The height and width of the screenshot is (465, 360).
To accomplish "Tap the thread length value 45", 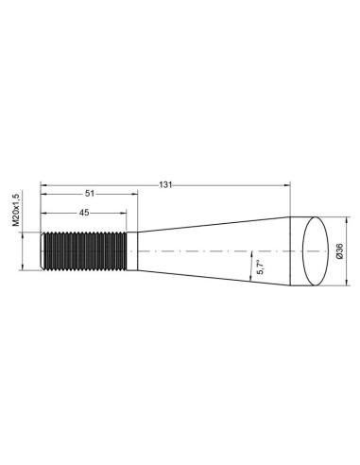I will point(84,213).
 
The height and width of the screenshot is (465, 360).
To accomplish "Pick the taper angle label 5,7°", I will point(249,268).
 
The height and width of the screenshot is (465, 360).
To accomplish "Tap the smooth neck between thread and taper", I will point(132,250).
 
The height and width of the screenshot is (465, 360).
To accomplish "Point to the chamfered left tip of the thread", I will point(43,250).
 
